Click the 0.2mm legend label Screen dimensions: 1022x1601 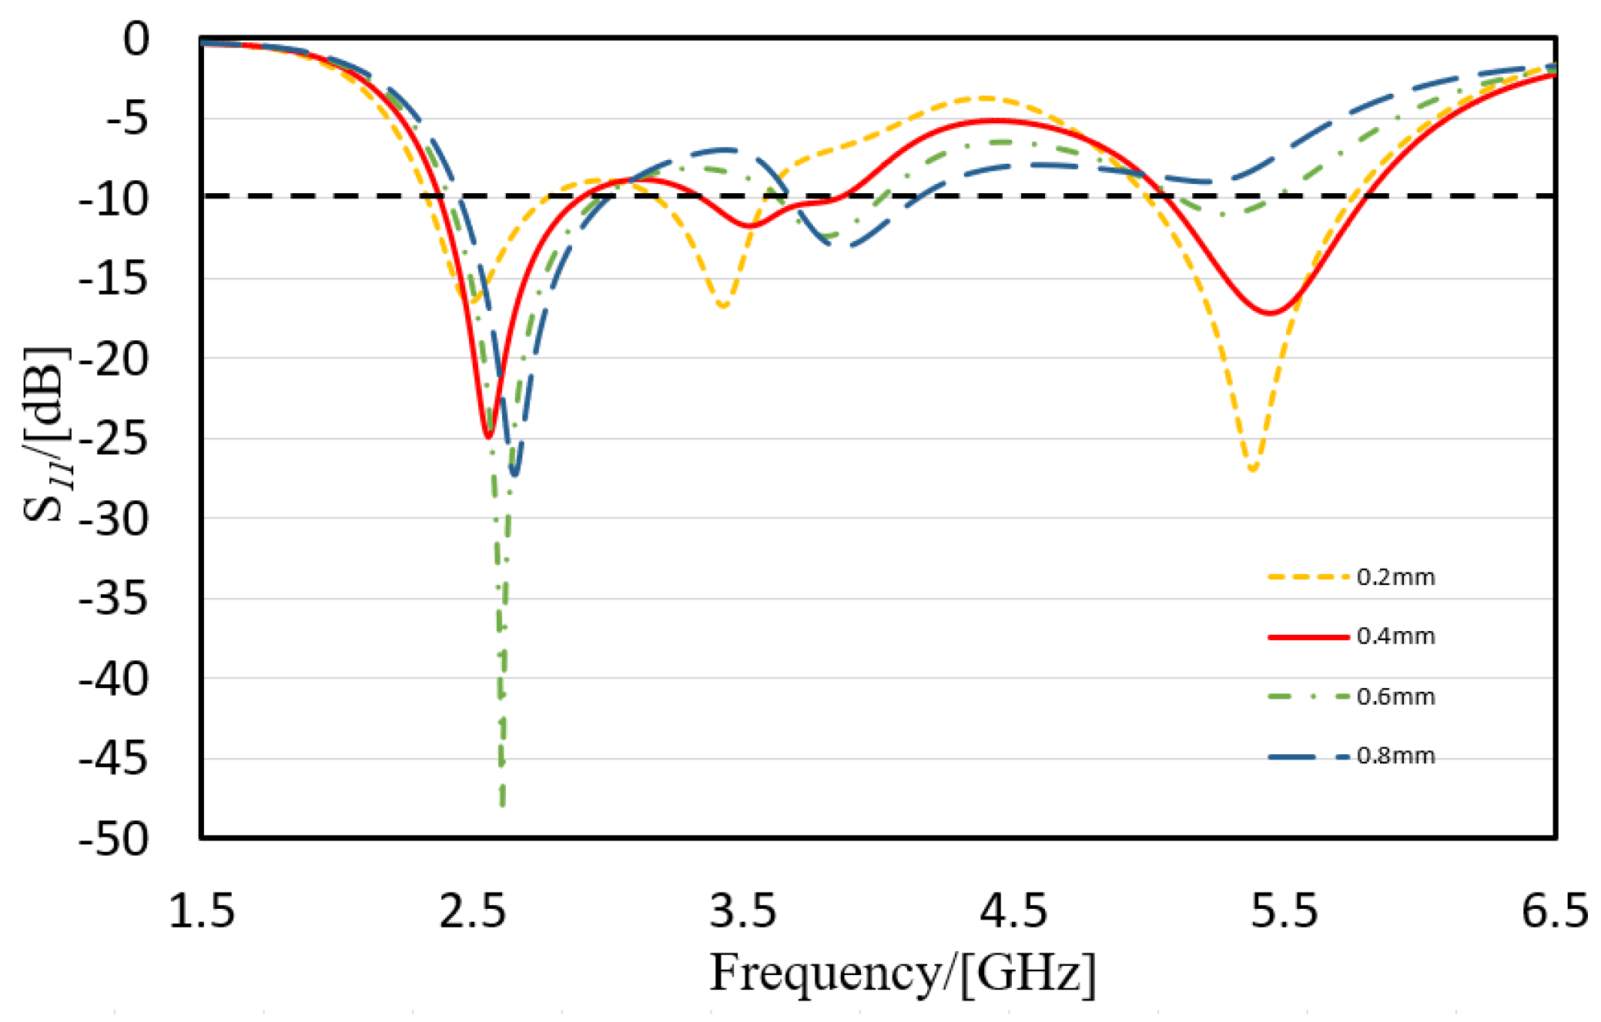[1395, 577]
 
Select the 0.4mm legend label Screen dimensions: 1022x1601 [1395, 636]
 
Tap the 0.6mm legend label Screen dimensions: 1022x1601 [1395, 696]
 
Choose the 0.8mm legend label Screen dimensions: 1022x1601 [1395, 756]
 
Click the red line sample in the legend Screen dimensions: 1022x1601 [1308, 636]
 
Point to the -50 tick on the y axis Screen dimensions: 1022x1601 [113, 838]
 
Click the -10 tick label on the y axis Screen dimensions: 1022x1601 [113, 199]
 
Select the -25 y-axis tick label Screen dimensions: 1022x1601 [113, 439]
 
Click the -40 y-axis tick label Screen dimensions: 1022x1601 [113, 680]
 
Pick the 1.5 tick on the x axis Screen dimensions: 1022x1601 [202, 911]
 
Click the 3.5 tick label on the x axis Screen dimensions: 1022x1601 [743, 911]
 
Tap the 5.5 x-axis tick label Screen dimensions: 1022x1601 [1284, 911]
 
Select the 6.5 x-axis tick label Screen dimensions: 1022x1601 [1555, 911]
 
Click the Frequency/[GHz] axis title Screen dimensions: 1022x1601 [902, 973]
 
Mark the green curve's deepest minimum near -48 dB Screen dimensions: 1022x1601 [503, 804]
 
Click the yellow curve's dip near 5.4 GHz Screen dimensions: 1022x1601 [1253, 469]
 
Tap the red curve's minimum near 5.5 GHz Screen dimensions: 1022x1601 [1269, 312]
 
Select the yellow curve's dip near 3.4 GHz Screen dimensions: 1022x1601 [723, 306]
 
